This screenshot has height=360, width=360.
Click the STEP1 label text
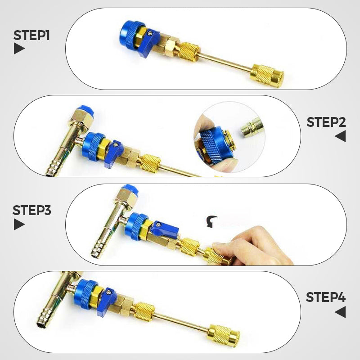(31, 35)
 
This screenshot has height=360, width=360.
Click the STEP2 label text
(326, 122)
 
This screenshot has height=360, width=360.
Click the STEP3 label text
(31, 210)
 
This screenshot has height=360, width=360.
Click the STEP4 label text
(326, 297)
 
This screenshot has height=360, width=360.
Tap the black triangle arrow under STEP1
(19, 49)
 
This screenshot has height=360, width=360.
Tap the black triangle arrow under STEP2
(340, 136)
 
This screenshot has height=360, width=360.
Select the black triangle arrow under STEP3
(19, 224)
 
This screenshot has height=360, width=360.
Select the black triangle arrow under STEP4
(340, 311)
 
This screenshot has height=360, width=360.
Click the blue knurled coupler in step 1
(130, 34)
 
